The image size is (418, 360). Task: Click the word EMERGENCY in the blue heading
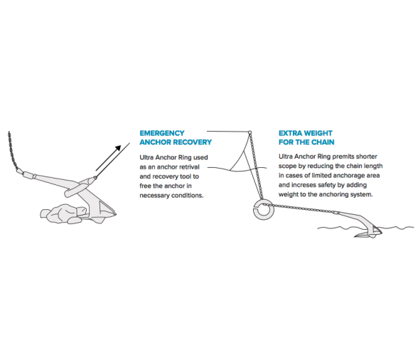click(162, 133)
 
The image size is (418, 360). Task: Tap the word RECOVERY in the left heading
click(193, 142)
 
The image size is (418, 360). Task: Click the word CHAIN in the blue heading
click(323, 142)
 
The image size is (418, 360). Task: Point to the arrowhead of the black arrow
click(118, 149)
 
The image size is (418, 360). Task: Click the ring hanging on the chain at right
click(264, 210)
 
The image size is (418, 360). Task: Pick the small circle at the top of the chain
click(250, 132)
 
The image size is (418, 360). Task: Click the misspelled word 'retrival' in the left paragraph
click(189, 167)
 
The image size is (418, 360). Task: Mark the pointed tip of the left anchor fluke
click(116, 214)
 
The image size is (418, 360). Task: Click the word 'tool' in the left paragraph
click(186, 176)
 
